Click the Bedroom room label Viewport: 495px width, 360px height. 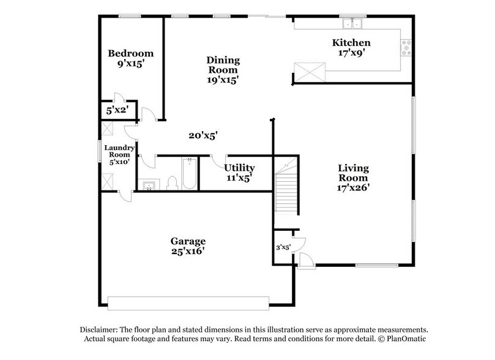pyautogui.click(x=130, y=58)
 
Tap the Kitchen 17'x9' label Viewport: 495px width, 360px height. pyautogui.click(x=351, y=47)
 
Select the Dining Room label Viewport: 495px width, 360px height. pyautogui.click(x=223, y=69)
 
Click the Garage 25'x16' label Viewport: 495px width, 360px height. pyautogui.click(x=188, y=246)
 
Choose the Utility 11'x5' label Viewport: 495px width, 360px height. pyautogui.click(x=239, y=172)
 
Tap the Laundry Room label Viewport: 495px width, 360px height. pyautogui.click(x=119, y=155)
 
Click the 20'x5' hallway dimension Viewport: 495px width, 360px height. pyautogui.click(x=203, y=135)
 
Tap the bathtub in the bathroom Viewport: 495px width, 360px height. pyautogui.click(x=190, y=173)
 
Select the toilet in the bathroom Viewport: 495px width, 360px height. pyautogui.click(x=172, y=182)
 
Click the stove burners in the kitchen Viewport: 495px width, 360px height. pyautogui.click(x=406, y=47)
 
